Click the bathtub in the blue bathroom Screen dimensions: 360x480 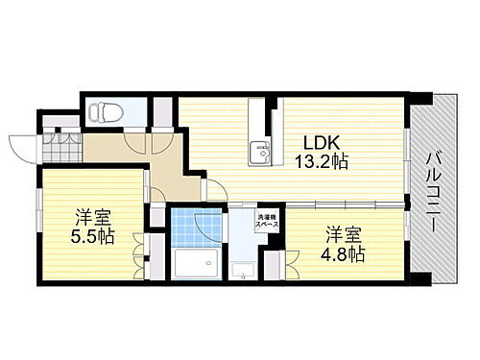tap(197, 262)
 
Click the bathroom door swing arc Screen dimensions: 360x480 tap(209, 224)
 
